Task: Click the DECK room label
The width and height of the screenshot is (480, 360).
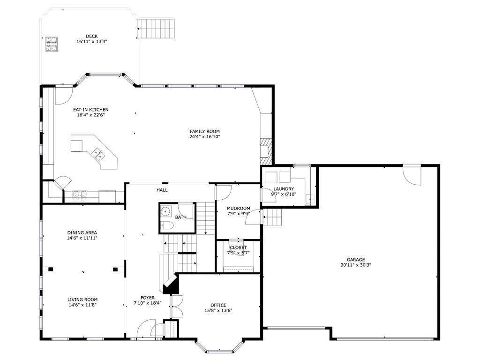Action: (92, 37)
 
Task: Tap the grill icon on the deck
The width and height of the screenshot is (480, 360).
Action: (52, 44)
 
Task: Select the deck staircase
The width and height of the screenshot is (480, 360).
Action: (156, 29)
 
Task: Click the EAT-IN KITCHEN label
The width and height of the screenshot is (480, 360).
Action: (90, 110)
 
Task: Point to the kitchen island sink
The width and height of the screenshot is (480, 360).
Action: (98, 154)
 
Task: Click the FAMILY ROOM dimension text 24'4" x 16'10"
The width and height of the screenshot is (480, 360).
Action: (205, 137)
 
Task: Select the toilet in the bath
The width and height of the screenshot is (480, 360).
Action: (167, 226)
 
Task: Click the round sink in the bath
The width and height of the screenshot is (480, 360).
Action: (165, 211)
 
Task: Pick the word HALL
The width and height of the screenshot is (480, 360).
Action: (162, 190)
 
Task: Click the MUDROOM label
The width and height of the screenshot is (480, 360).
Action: (239, 209)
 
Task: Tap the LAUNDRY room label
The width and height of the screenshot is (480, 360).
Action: (284, 189)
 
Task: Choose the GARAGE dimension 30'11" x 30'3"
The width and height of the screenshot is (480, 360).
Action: (356, 265)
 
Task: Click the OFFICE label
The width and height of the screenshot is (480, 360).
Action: (218, 305)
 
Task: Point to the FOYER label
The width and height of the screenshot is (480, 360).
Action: (148, 298)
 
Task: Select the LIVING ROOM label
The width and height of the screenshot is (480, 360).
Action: (82, 300)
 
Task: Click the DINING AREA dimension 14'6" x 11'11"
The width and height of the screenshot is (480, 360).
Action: (82, 238)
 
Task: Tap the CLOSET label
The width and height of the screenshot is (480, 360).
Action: (239, 247)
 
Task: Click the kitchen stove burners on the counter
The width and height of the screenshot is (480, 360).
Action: (80, 194)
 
